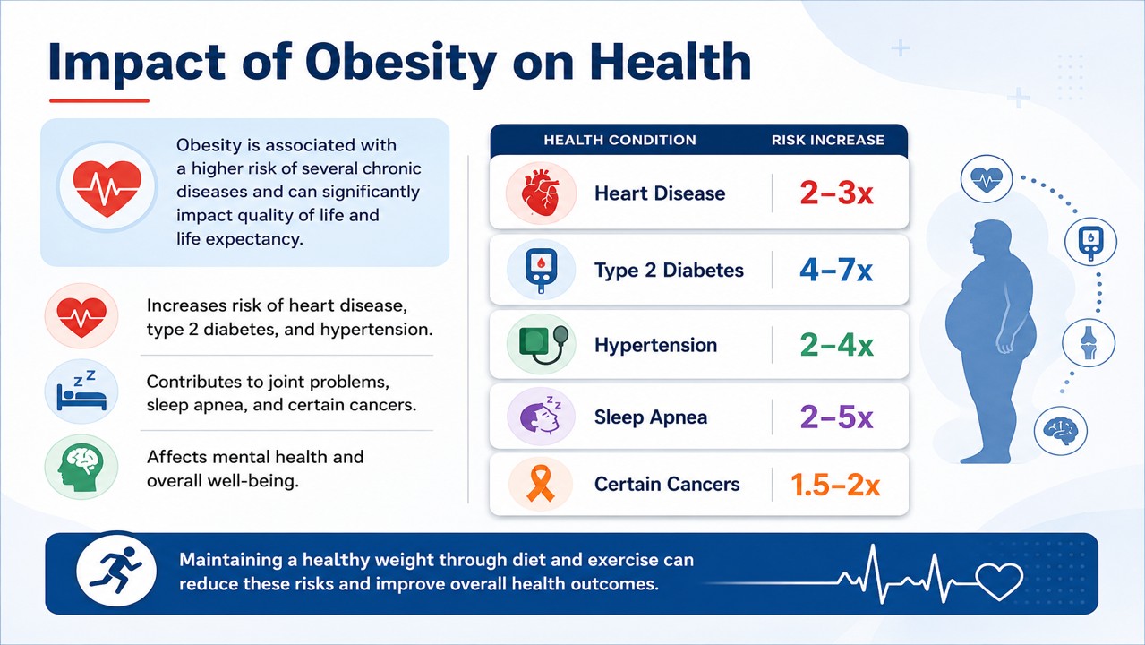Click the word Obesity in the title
[400, 64]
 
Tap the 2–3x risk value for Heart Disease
[836, 193]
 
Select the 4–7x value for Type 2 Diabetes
[836, 270]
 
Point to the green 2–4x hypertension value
[836, 345]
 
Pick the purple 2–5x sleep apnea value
[836, 417]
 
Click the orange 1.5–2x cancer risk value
[835, 485]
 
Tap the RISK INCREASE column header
[828, 140]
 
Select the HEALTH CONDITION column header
[619, 140]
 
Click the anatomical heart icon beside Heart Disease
[542, 193]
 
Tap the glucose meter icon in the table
[541, 271]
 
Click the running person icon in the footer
[116, 570]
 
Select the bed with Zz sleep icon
[81, 391]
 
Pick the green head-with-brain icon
[81, 467]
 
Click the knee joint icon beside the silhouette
[1089, 343]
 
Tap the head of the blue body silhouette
[992, 237]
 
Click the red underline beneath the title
[99, 100]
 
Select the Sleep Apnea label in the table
[651, 417]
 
